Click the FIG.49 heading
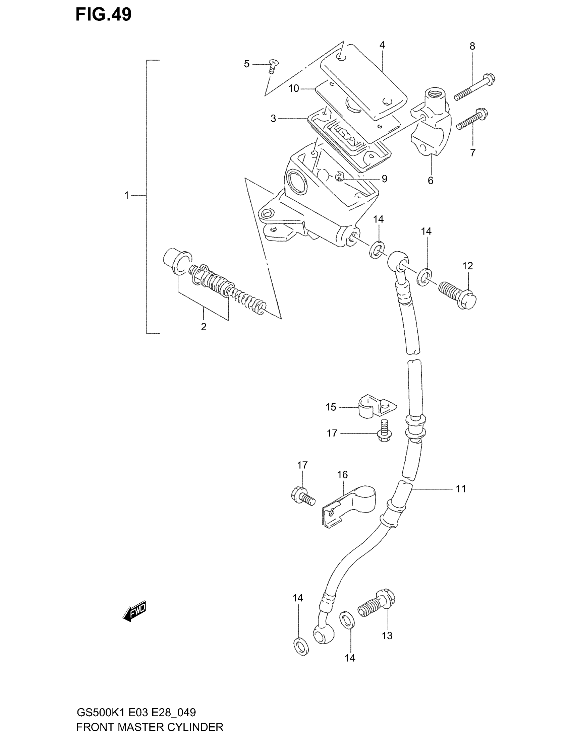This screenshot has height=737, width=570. coord(103,15)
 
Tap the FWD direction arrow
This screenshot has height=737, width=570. coord(134,611)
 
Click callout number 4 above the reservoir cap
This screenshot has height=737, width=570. coord(382,45)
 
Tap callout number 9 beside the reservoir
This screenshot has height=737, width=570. coord(384,179)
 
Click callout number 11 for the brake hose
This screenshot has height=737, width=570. coord(461,489)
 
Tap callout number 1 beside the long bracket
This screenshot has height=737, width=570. coord(127,195)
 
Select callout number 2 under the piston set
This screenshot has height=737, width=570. coord(204,327)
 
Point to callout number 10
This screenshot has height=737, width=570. coord(294,88)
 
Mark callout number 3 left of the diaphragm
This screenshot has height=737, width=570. coord(273,119)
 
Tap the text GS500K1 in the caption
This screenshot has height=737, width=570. coord(101,713)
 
